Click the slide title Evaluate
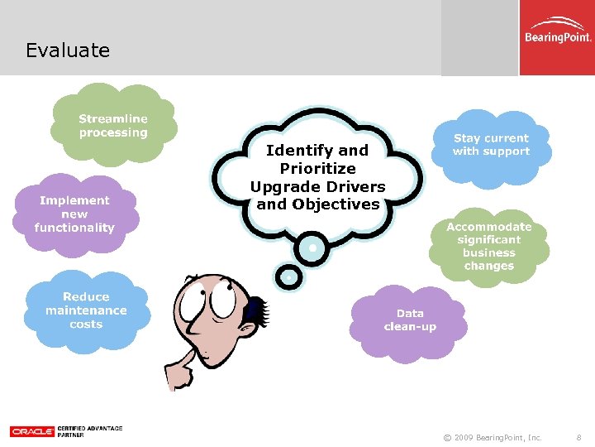tap(68, 50)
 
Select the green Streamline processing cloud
tap(113, 126)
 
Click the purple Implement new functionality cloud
tap(74, 214)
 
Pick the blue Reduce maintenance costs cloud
tap(86, 310)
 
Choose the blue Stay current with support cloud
tap(491, 146)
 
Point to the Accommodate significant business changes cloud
tap(488, 246)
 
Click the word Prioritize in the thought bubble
tap(317, 168)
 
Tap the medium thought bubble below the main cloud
tap(312, 247)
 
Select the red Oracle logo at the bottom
tap(31, 431)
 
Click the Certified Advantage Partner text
tap(89, 431)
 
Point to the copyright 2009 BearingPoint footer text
tap(493, 437)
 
